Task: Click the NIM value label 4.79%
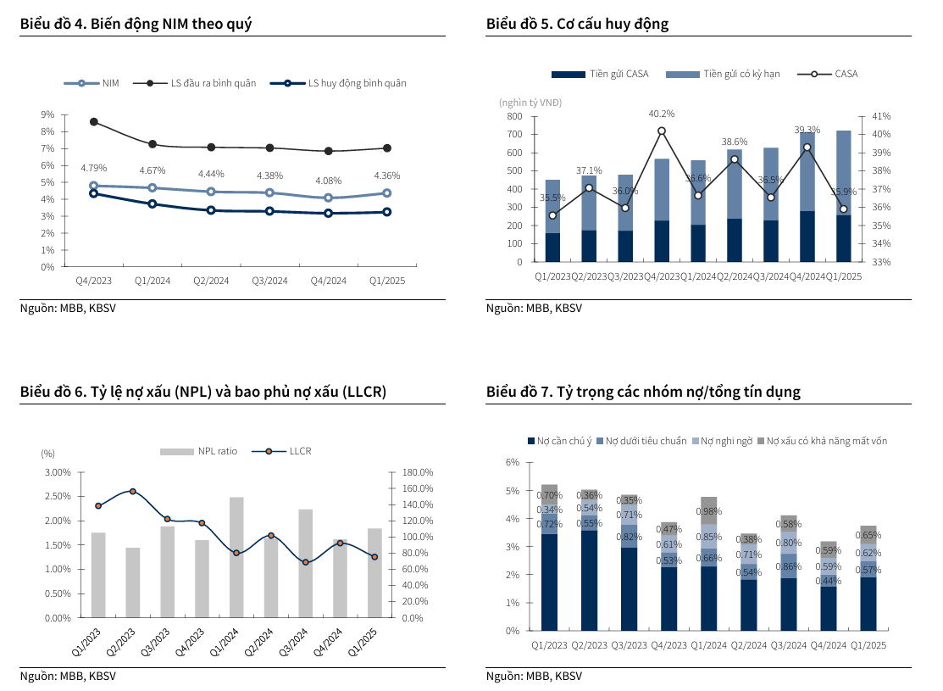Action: pyautogui.click(x=93, y=168)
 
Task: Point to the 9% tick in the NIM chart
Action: pyautogui.click(x=47, y=114)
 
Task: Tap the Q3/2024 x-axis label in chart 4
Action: pyautogui.click(x=270, y=281)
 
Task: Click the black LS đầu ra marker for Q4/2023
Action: pyautogui.click(x=93, y=122)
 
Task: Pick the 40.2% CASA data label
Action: pyautogui.click(x=662, y=114)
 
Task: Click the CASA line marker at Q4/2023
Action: pyautogui.click(x=662, y=131)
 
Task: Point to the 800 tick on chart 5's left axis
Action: pyautogui.click(x=513, y=116)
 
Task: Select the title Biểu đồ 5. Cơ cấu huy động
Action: pyautogui.click(x=577, y=24)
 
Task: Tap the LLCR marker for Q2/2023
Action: pyautogui.click(x=133, y=491)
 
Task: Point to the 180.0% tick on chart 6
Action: pyautogui.click(x=417, y=472)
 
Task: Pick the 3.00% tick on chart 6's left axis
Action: pyautogui.click(x=58, y=472)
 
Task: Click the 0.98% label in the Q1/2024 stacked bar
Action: pyautogui.click(x=708, y=511)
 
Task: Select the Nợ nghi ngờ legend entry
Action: pyautogui.click(x=725, y=441)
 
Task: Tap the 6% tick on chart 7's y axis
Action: pyautogui.click(x=512, y=462)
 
